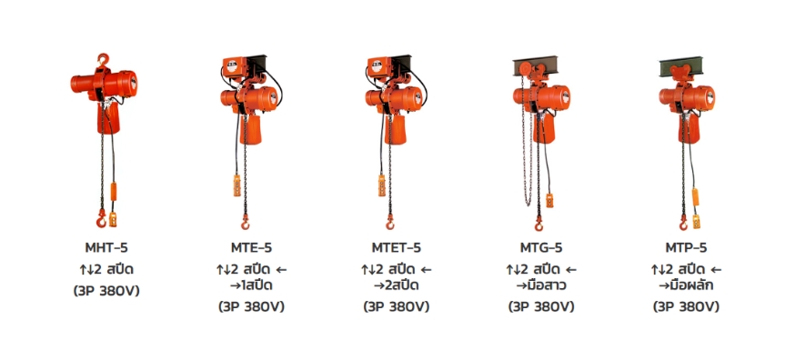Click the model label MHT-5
click(x=106, y=248)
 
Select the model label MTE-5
click(x=251, y=248)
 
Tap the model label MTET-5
click(x=396, y=248)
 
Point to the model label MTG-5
click(x=541, y=248)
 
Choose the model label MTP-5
click(x=686, y=248)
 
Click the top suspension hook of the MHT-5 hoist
click(x=104, y=60)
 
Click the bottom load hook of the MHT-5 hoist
click(x=101, y=219)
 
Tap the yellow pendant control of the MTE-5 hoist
click(x=236, y=185)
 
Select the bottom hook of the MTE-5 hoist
click(x=246, y=222)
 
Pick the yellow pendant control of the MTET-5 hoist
click(x=382, y=185)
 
